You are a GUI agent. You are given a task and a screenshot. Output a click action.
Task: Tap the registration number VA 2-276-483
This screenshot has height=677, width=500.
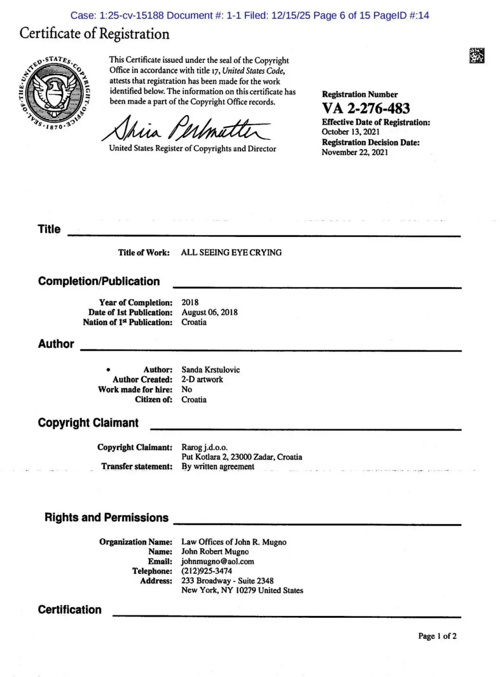[x=366, y=109]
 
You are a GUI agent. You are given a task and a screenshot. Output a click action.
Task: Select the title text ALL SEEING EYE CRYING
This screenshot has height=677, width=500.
[x=231, y=253]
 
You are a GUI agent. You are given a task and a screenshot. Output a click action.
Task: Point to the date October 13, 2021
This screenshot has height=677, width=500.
[x=350, y=132]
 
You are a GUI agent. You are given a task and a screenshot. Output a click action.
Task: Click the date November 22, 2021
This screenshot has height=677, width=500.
[x=355, y=152]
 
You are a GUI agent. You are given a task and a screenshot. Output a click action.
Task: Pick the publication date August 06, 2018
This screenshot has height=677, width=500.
[x=209, y=312]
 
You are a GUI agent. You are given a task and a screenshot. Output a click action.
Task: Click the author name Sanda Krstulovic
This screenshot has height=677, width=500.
[x=210, y=370]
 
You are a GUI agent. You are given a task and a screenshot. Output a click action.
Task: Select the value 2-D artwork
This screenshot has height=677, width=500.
[x=202, y=379]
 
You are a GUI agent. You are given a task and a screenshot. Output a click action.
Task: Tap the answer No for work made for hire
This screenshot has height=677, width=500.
[x=187, y=390]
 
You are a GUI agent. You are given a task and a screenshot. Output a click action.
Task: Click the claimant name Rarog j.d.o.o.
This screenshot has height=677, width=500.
[x=204, y=447]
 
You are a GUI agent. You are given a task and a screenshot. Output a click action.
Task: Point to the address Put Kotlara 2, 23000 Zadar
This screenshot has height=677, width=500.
[x=229, y=457]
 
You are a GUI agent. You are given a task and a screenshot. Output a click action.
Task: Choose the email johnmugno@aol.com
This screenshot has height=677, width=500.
[x=218, y=561]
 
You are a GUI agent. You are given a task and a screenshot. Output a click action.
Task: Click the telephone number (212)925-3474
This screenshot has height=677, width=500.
[x=206, y=571]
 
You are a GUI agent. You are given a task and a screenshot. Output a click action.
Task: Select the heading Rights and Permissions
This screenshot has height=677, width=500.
[x=106, y=517]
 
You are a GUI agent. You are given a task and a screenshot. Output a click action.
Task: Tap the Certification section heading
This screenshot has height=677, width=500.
[x=69, y=609]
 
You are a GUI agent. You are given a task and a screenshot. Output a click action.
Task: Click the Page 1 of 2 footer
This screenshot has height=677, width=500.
[x=437, y=636]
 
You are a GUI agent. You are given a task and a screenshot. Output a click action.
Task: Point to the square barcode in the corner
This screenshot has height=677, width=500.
[x=476, y=56]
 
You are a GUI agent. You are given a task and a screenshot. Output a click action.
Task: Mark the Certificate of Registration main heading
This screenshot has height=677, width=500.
[x=94, y=34]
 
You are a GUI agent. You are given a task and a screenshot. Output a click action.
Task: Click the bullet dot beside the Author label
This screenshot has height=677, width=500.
[x=108, y=370]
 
